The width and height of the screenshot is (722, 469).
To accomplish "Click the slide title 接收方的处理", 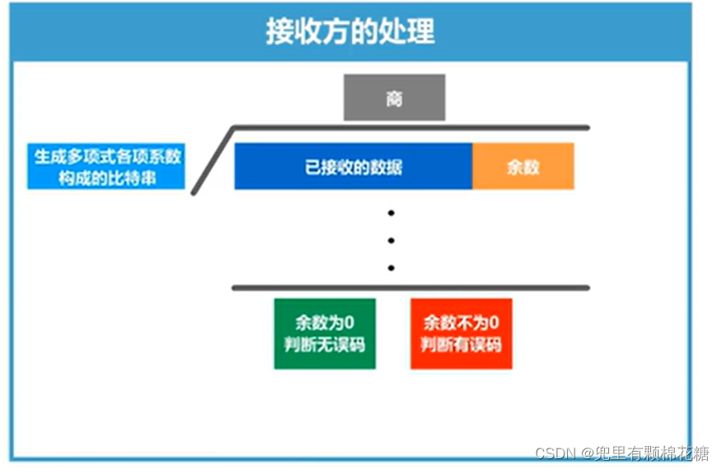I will pos(349,31).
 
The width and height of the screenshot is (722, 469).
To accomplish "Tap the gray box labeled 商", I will pos(394,97).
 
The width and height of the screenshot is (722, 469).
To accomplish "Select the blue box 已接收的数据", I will pos(353,166).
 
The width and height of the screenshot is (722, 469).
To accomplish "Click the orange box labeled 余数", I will pos(523,166).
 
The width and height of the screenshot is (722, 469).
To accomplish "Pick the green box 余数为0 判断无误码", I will pos(325,334).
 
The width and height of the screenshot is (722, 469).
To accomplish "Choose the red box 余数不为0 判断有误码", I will pos(461,334).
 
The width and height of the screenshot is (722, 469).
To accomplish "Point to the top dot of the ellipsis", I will pos(391,213).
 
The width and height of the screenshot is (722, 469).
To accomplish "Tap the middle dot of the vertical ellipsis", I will pos(391,241).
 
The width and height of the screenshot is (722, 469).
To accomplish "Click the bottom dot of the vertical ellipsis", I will pos(391,268).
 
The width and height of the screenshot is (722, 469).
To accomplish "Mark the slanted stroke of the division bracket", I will pos(213,162).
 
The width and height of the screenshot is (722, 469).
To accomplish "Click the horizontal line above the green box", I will pos(410,288).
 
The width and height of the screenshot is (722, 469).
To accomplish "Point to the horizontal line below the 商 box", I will pos(410,128).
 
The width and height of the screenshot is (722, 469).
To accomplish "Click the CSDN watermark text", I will pos(556,453).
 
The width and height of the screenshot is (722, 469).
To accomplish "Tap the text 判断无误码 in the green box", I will pos(325,345).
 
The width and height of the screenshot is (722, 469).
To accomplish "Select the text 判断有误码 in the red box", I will pos(461,345).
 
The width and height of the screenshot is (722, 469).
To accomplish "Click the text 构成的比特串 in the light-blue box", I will pos(106,178).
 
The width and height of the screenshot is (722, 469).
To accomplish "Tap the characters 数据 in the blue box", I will pos(388,167).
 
